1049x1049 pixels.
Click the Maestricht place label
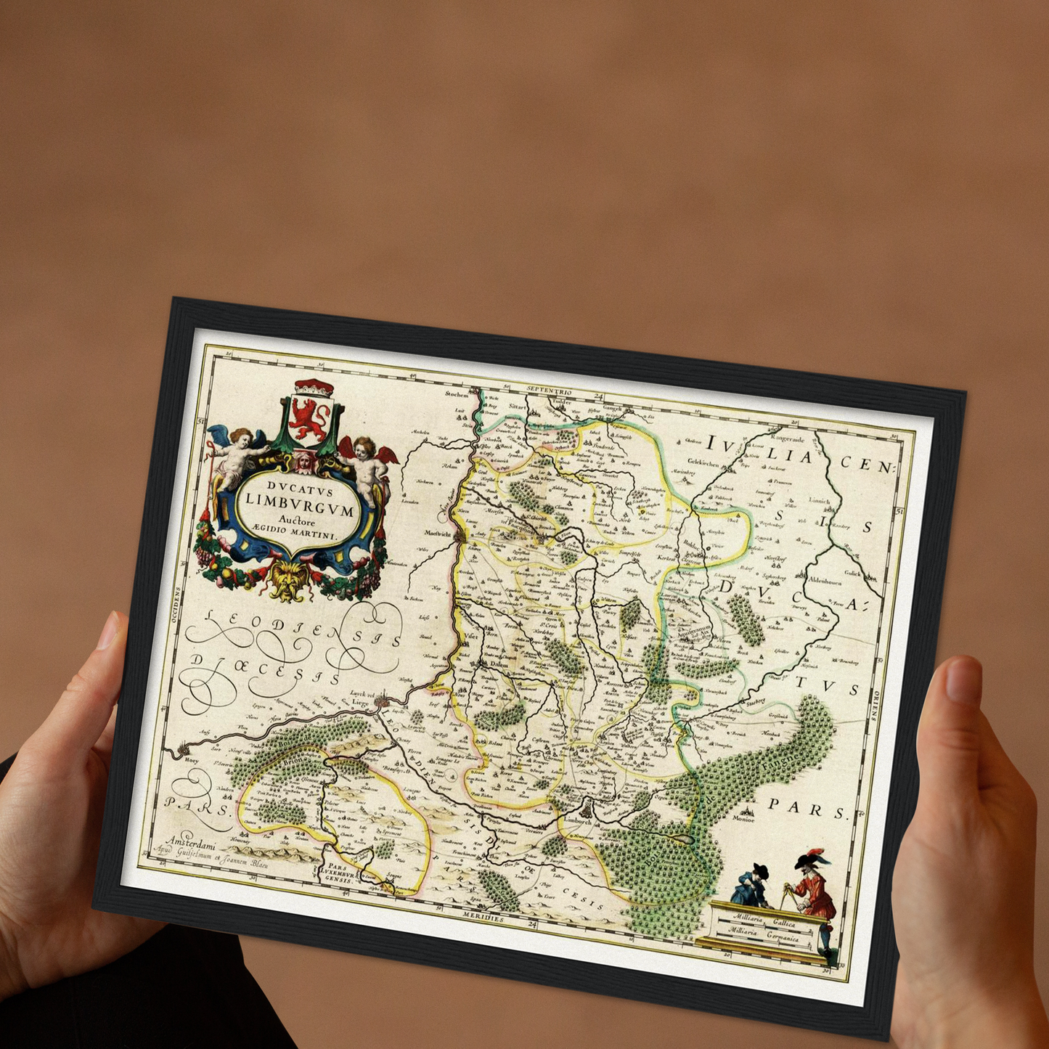(x=435, y=534)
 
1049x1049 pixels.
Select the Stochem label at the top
(x=457, y=394)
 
